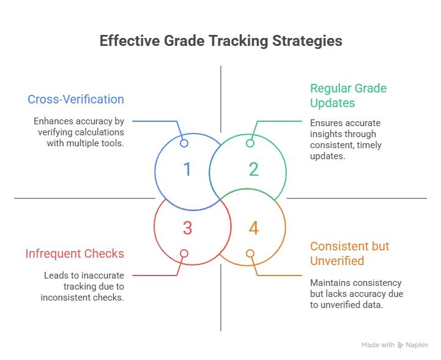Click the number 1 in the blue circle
[188, 169]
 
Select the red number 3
[188, 228]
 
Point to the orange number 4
[253, 228]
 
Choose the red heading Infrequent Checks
[75, 253]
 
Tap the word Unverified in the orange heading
[337, 261]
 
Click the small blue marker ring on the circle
[183, 142]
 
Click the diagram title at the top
[220, 42]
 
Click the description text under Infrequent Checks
[83, 287]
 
